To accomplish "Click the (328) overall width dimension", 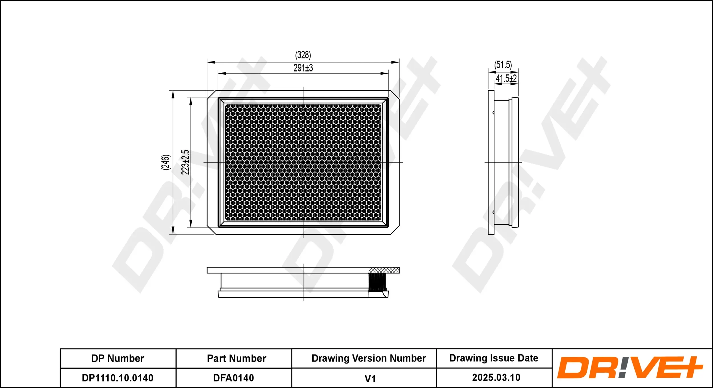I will click(303, 55).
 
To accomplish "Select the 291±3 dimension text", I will click(303, 68).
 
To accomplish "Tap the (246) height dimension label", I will click(166, 162).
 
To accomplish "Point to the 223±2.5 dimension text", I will click(185, 162).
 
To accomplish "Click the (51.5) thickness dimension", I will click(503, 65).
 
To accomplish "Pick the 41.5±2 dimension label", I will click(506, 78).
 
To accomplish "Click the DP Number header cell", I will click(118, 358).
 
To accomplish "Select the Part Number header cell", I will click(236, 358).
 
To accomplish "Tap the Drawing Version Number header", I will click(368, 358).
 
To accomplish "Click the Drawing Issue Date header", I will click(494, 358).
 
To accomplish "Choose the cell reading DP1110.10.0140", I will click(118, 378).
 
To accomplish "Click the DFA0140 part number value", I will click(234, 378).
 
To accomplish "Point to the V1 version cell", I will click(370, 379).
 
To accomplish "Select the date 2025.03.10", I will click(496, 377).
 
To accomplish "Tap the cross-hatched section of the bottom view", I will click(384, 270).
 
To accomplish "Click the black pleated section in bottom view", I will click(377, 282).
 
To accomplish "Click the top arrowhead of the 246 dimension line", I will click(173, 94).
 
